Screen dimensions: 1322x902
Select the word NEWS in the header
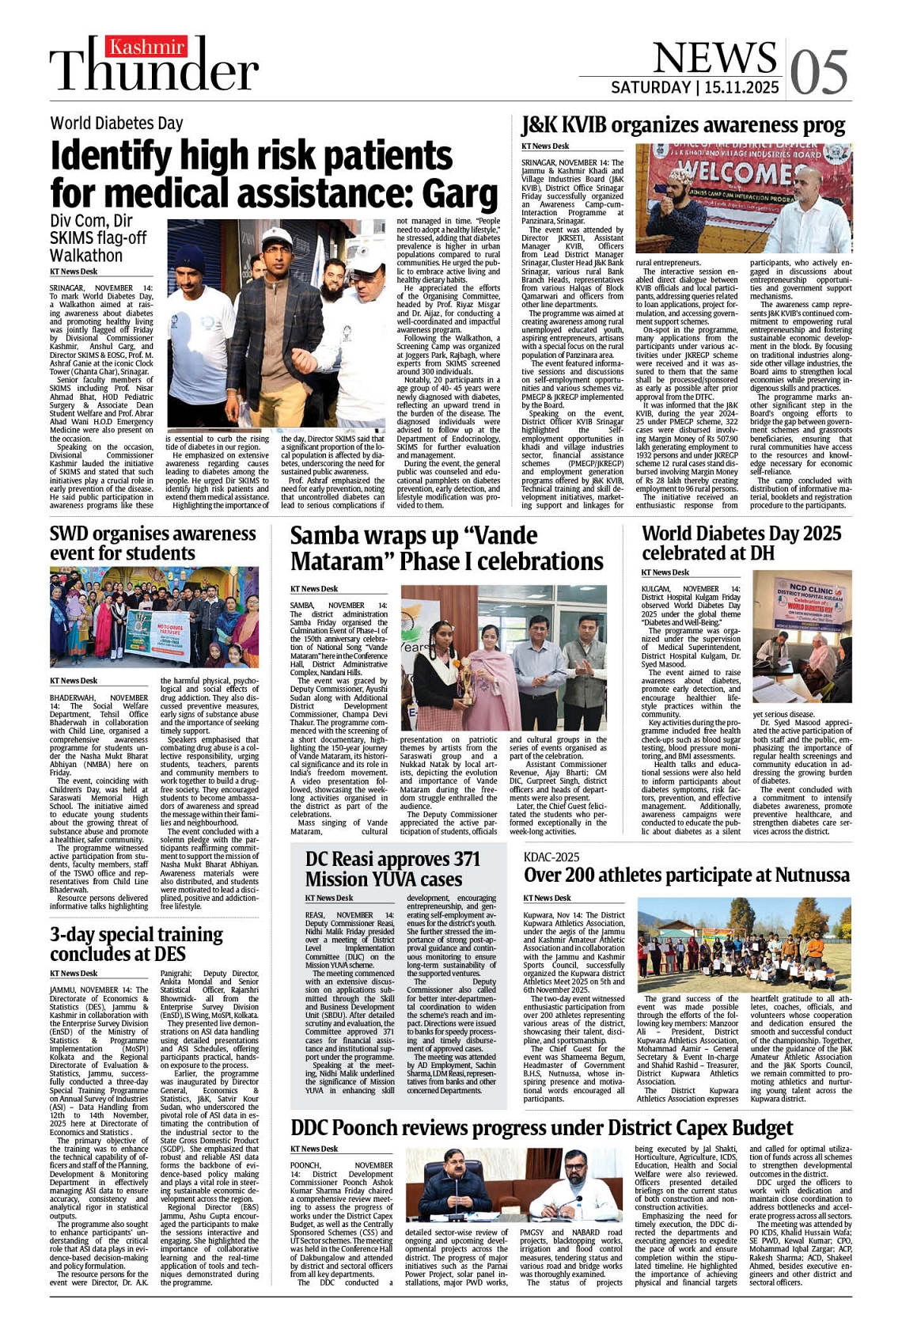pos(715,57)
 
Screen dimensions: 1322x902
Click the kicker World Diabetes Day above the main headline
pos(116,123)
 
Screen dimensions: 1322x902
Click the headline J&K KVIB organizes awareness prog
pos(683,125)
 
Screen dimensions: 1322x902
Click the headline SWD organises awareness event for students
pos(153,543)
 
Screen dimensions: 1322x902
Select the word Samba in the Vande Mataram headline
pos(330,536)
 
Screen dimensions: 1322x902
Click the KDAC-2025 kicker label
pos(551,857)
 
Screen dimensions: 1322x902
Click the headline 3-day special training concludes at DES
pos(136,944)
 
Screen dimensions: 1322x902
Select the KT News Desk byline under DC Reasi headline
pos(329,898)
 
